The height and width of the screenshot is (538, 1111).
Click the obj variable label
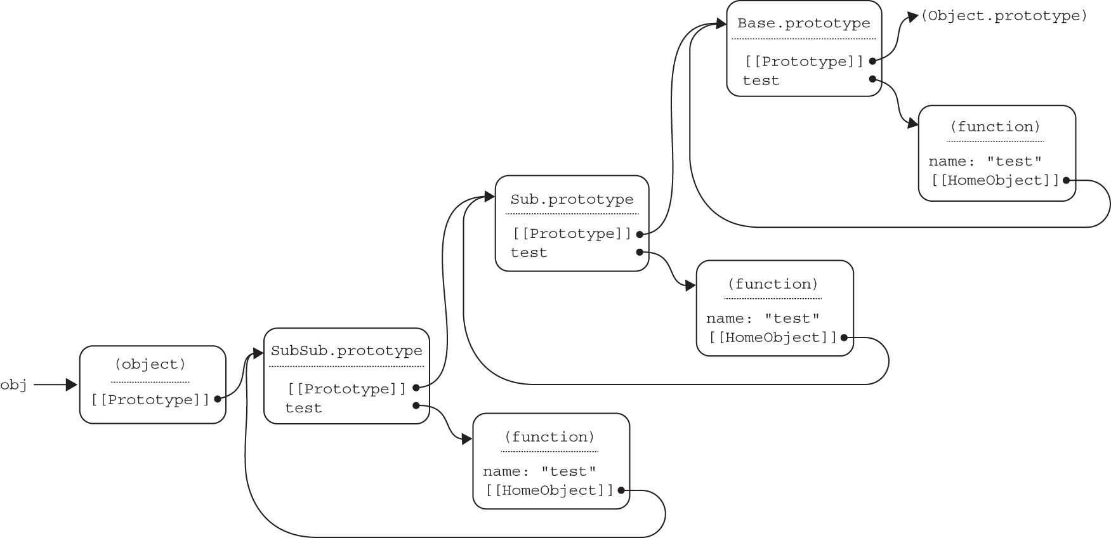pos(13,384)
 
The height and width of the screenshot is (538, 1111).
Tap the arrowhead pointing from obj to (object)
pos(71,384)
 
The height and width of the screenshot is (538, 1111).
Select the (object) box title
pos(150,364)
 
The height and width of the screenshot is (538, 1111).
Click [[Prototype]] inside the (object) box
pos(150,400)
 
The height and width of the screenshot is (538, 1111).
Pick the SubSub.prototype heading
pos(346,351)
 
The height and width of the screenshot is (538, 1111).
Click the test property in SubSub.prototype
pos(303,408)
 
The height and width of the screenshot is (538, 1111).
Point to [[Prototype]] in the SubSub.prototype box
pos(346,389)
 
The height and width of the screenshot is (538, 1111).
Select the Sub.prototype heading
pos(572,199)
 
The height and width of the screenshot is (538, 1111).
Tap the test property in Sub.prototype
pos(529,253)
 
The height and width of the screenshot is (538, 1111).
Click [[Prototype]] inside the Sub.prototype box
pos(572,233)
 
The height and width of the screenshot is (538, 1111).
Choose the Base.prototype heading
pos(804,23)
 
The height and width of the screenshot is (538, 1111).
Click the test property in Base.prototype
pos(761,81)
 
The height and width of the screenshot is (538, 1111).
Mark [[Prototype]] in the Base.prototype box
pos(804,62)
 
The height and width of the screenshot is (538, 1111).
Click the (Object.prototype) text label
pos(1004,16)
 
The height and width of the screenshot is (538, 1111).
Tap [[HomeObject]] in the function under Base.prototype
pos(996,180)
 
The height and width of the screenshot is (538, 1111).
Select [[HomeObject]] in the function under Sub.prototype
pos(773,338)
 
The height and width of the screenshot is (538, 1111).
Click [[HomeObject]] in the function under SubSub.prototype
pos(550,490)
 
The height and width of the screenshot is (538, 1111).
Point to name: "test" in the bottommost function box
pos(539,471)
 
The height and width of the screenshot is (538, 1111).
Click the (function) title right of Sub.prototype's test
pos(773,284)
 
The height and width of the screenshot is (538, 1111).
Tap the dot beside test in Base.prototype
pos(872,79)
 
